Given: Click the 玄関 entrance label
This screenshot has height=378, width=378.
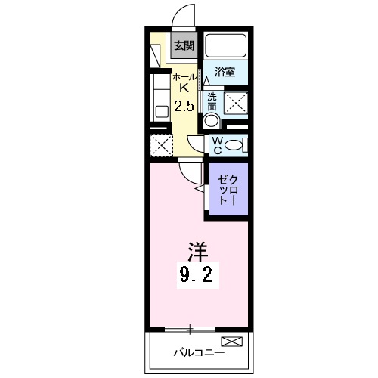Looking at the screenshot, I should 183,45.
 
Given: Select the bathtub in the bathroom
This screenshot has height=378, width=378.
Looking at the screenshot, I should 226,48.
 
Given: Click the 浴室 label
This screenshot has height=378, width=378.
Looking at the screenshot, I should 225,73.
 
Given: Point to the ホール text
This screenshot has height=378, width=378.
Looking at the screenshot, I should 184,78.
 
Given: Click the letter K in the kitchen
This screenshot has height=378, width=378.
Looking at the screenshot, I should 184,90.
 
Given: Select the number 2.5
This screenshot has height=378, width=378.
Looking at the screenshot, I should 184,106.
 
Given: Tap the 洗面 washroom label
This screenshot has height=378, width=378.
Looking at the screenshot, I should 212,101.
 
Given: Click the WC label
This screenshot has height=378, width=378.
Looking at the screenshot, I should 215,144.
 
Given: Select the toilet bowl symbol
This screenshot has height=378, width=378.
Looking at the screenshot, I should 235,144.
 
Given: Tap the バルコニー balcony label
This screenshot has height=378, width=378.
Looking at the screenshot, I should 197,352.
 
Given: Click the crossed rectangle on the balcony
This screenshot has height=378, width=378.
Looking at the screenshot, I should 232,342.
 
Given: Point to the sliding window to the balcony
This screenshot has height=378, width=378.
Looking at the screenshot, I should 190,328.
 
